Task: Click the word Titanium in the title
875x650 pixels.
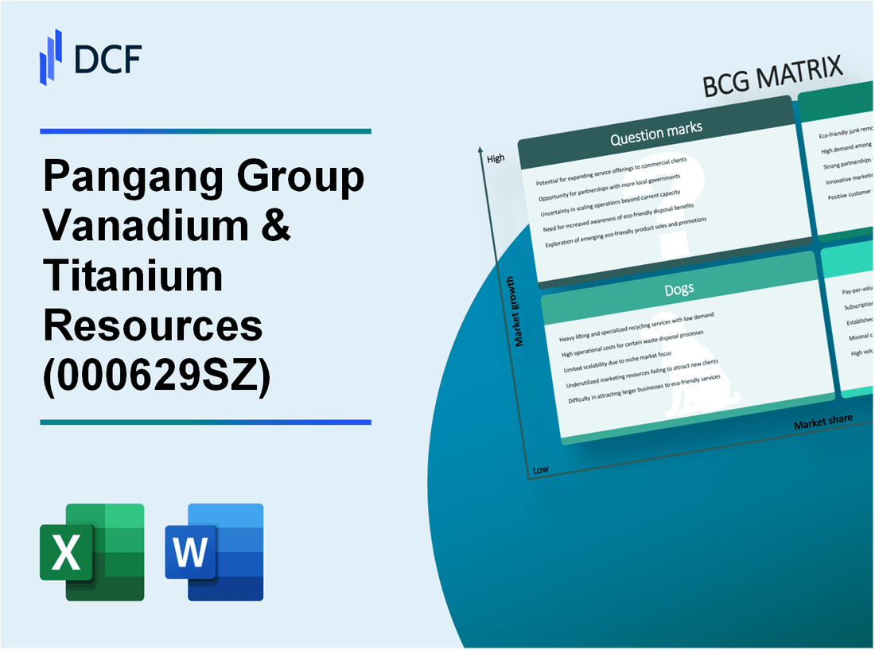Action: (x=133, y=276)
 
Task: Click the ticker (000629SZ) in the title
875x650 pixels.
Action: (x=157, y=373)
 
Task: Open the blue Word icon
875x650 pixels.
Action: (x=215, y=551)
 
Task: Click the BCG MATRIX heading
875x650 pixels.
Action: (x=773, y=78)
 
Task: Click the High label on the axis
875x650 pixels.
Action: (x=496, y=158)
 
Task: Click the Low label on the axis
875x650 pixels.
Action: (x=540, y=469)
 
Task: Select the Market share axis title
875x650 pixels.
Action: (x=822, y=421)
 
